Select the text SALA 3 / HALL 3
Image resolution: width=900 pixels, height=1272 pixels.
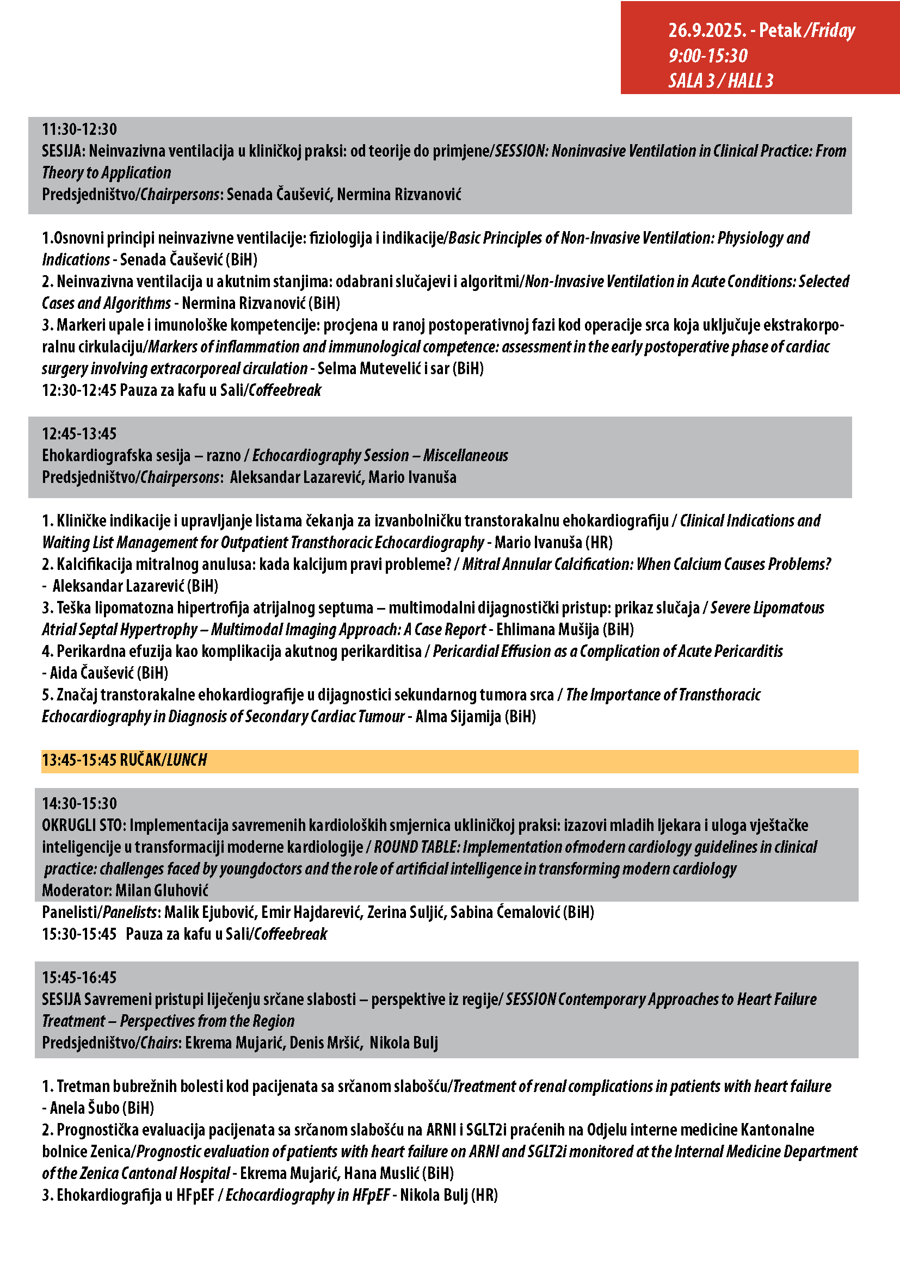(720, 81)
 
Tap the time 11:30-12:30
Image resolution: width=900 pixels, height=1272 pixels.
(79, 129)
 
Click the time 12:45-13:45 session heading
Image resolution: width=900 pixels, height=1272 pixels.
(79, 434)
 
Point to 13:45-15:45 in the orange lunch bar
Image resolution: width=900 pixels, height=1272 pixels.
(79, 760)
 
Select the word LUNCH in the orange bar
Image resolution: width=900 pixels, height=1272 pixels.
(187, 760)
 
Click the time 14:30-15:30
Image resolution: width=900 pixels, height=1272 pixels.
(79, 803)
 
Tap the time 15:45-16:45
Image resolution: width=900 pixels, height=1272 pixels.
(79, 977)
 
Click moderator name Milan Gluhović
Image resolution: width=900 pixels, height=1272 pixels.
(162, 890)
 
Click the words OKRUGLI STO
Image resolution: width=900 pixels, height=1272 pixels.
(83, 825)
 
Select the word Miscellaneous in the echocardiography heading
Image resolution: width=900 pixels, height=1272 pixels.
(466, 455)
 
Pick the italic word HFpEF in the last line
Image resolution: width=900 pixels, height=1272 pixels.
(371, 1195)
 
